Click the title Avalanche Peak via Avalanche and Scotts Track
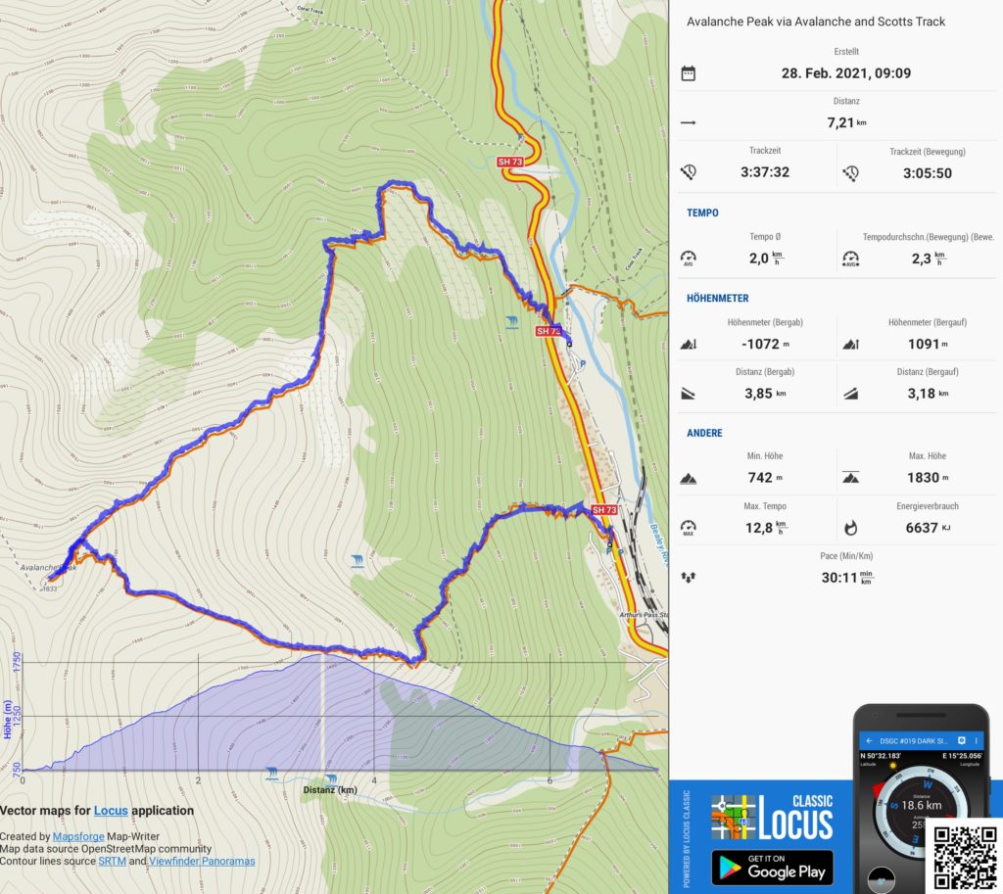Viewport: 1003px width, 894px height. tap(816, 22)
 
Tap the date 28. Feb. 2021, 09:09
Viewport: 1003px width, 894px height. tap(846, 73)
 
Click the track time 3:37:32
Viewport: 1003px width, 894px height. tap(765, 172)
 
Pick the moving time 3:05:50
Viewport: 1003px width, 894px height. tap(927, 172)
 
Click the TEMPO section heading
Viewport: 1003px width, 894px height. tap(702, 212)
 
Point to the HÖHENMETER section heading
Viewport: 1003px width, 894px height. tap(718, 298)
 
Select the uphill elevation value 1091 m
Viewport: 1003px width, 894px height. tap(928, 344)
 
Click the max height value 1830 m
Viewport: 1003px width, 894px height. tap(928, 478)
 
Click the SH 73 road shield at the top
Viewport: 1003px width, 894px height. tap(509, 162)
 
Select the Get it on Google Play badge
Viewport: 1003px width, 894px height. tap(772, 867)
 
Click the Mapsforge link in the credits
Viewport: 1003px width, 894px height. tap(78, 837)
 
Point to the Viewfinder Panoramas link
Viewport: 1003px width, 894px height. tap(202, 862)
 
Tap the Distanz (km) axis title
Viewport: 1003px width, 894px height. tap(330, 790)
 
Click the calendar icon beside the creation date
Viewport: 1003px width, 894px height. tap(689, 73)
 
